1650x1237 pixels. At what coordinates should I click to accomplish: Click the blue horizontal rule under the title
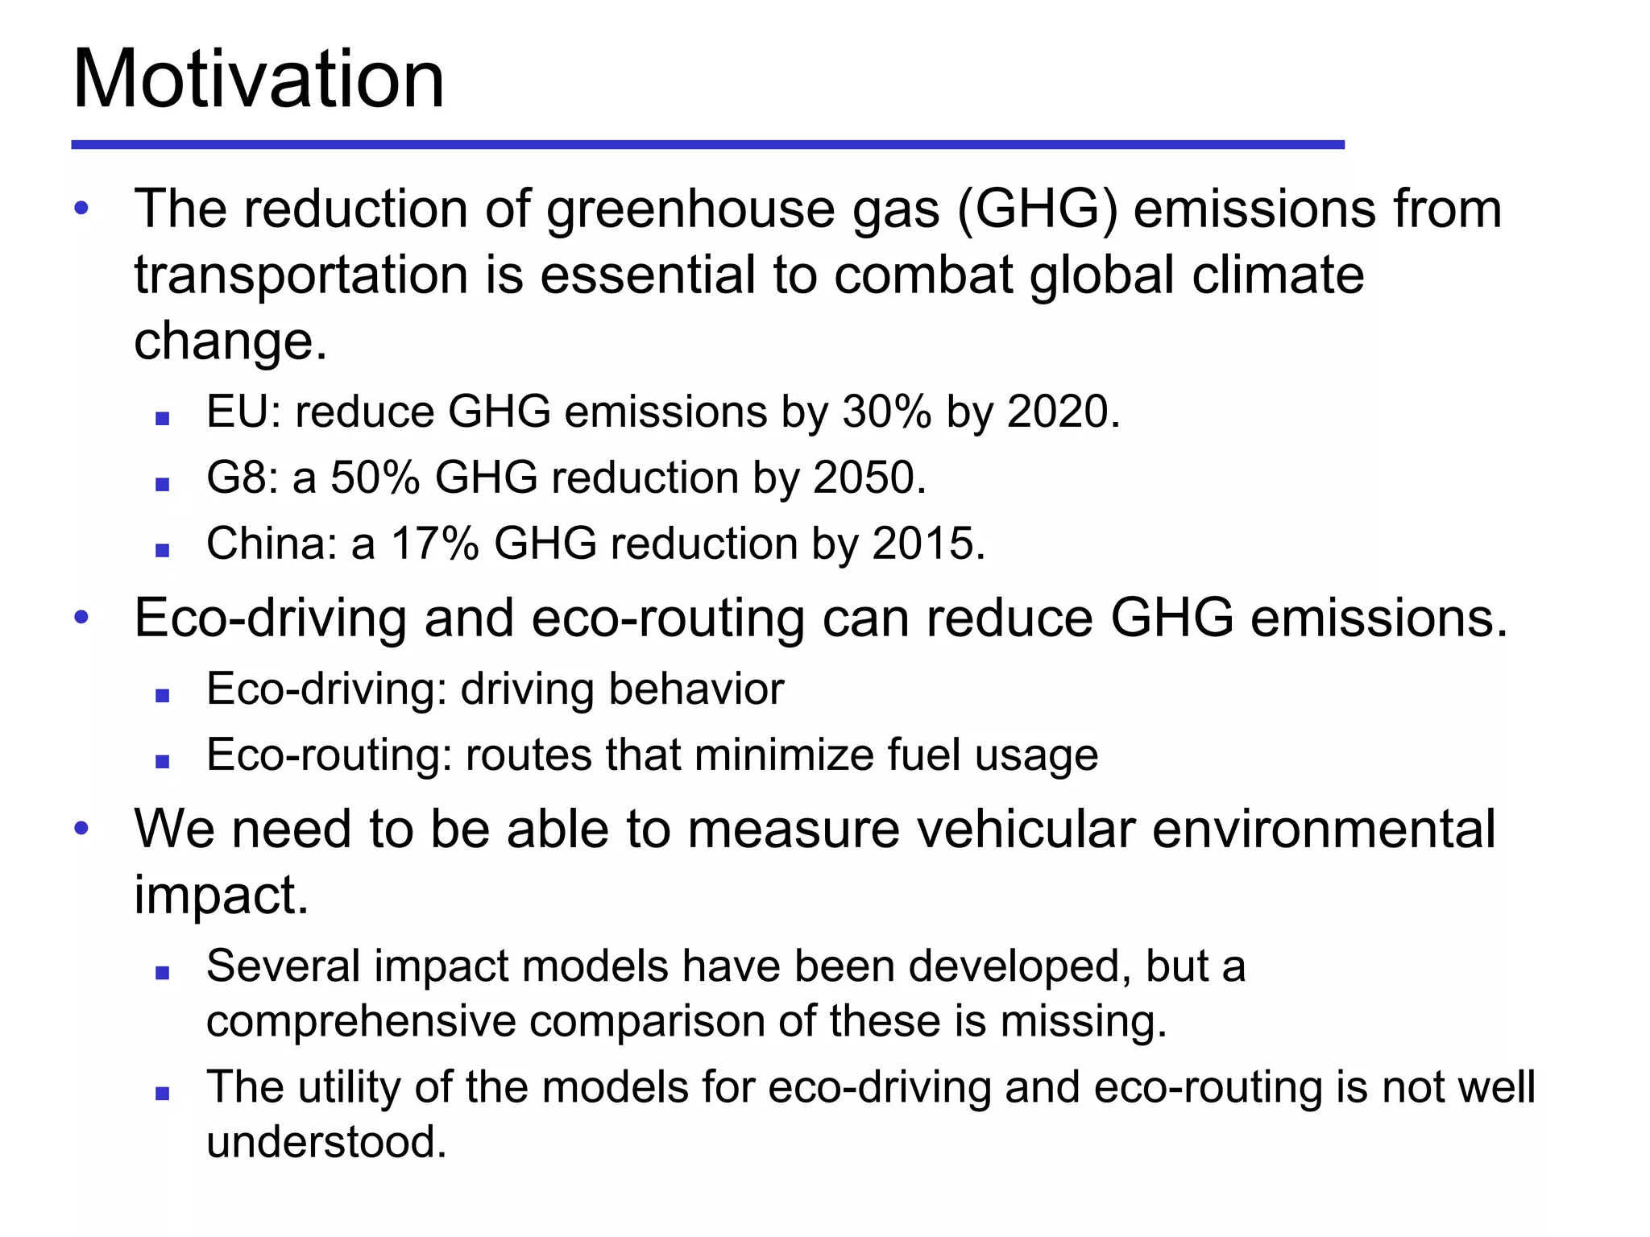pyautogui.click(x=707, y=145)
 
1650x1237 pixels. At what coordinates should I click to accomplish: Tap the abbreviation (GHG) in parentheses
pyautogui.click(x=1038, y=209)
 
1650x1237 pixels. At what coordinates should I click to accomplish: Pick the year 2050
pyautogui.click(x=864, y=478)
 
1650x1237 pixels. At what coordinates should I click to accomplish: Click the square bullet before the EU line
pyautogui.click(x=163, y=419)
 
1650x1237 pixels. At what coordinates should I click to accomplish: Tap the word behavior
pyautogui.click(x=696, y=689)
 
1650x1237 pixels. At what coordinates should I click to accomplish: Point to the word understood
pyautogui.click(x=325, y=1142)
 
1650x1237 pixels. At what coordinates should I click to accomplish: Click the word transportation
pyautogui.click(x=301, y=275)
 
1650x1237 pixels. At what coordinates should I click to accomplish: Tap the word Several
pyautogui.click(x=284, y=966)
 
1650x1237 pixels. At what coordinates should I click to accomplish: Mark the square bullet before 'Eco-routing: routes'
pyautogui.click(x=163, y=762)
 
